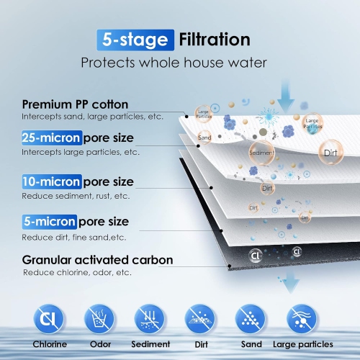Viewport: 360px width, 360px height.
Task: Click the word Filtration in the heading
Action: [x=215, y=40]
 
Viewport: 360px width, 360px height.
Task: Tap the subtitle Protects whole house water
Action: [x=173, y=63]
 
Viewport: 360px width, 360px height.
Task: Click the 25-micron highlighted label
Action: [x=51, y=138]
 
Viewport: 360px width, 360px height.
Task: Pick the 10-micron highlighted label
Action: [x=51, y=181]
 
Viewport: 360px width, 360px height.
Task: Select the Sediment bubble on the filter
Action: [x=261, y=153]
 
